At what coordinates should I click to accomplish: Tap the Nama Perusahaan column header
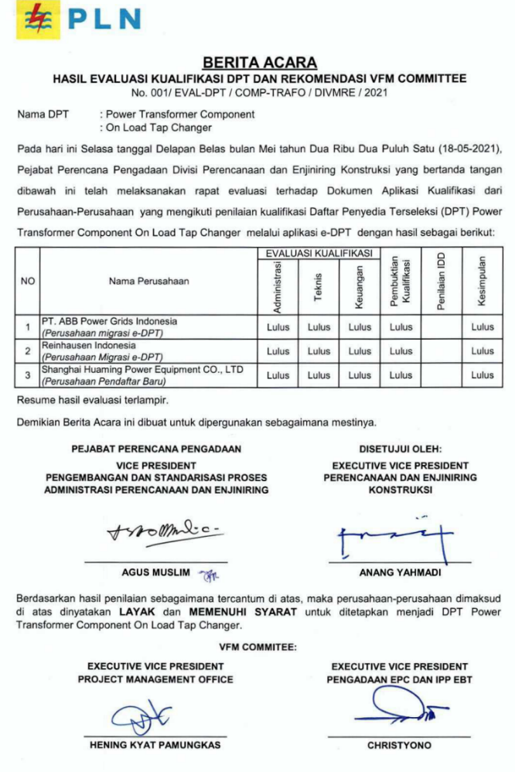point(148,281)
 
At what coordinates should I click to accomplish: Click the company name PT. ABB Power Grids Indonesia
point(109,321)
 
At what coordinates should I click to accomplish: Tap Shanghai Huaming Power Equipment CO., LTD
point(142,370)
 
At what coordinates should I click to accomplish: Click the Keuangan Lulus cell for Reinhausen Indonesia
point(360,351)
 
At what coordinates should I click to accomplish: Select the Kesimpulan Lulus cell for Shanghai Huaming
point(483,375)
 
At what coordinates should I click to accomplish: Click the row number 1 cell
point(28,327)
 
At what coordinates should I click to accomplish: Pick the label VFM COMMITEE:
point(257,647)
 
